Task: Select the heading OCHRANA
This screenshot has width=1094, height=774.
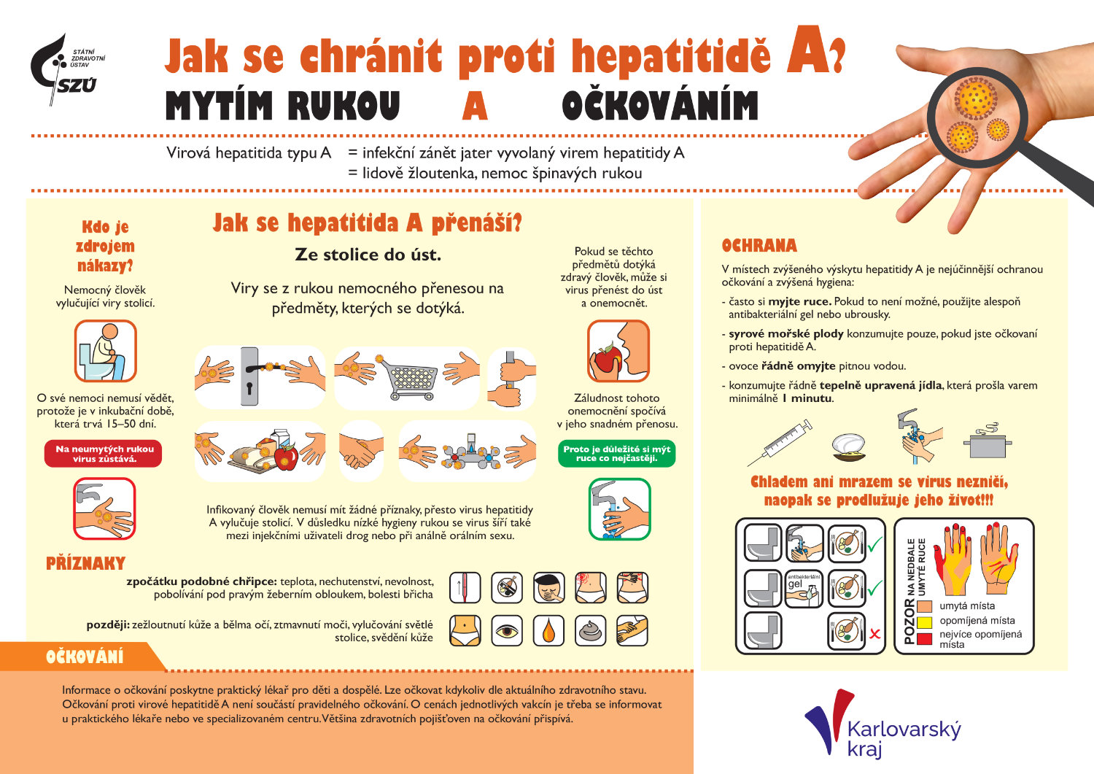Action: pyautogui.click(x=759, y=246)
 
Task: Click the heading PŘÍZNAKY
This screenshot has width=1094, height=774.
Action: pyautogui.click(x=85, y=563)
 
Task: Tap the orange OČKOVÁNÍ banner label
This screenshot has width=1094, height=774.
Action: pyautogui.click(x=85, y=657)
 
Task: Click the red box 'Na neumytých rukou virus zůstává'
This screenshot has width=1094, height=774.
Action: pyautogui.click(x=104, y=454)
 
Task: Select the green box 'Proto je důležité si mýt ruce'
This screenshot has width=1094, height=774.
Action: pyautogui.click(x=617, y=454)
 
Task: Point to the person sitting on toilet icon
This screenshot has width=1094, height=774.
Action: pyautogui.click(x=106, y=352)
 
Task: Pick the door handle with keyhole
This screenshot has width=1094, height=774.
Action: pyautogui.click(x=250, y=376)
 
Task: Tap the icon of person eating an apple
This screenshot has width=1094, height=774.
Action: pyautogui.click(x=618, y=352)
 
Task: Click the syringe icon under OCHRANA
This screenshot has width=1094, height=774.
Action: pyautogui.click(x=780, y=442)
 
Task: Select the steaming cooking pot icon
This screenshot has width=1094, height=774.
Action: pyautogui.click(x=988, y=441)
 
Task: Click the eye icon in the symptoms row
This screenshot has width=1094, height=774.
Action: pyautogui.click(x=507, y=630)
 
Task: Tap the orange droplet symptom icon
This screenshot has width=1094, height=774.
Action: pyautogui.click(x=548, y=630)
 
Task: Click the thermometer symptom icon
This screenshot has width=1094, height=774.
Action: pyautogui.click(x=465, y=587)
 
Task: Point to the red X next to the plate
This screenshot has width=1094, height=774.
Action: pyautogui.click(x=875, y=634)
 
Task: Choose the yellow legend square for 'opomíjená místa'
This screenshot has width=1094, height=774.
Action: pyautogui.click(x=925, y=622)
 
